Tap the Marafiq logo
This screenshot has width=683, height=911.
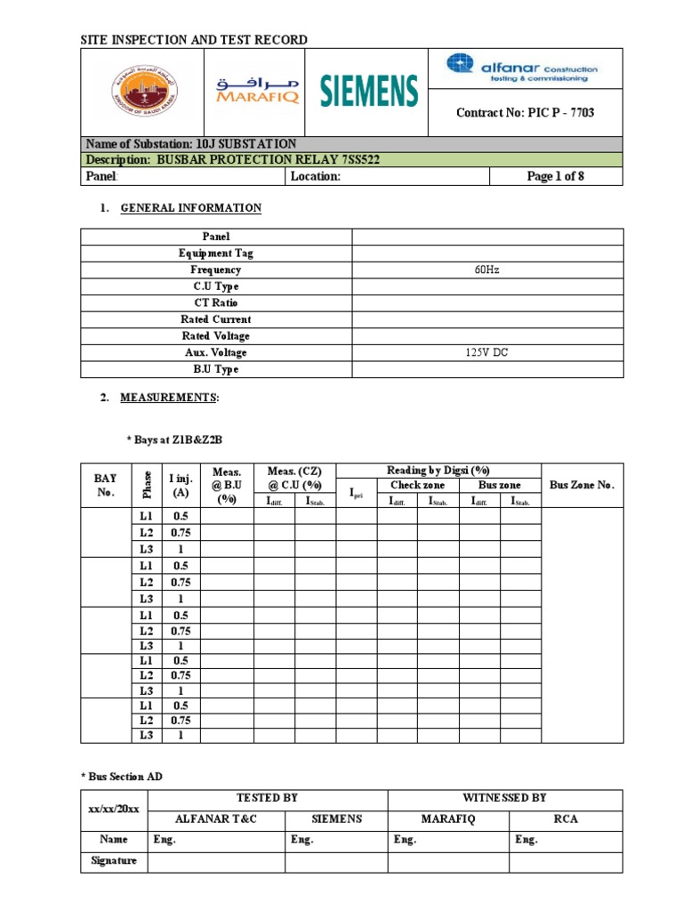258,91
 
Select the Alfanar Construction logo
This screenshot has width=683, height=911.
522,68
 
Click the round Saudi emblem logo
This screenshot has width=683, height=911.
143,91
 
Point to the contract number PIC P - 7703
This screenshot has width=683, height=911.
525,113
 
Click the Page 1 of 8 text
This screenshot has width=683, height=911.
556,176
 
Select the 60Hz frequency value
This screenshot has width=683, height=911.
488,270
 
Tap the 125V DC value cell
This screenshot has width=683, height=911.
488,352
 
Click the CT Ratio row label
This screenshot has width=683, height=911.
216,302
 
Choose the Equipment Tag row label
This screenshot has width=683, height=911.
216,254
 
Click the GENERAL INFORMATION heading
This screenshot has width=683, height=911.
190,208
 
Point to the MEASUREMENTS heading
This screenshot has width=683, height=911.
169,399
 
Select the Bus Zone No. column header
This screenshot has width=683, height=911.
582,485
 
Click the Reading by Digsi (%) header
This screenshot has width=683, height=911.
438,471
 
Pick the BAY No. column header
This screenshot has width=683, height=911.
106,485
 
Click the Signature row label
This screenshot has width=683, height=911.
114,861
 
